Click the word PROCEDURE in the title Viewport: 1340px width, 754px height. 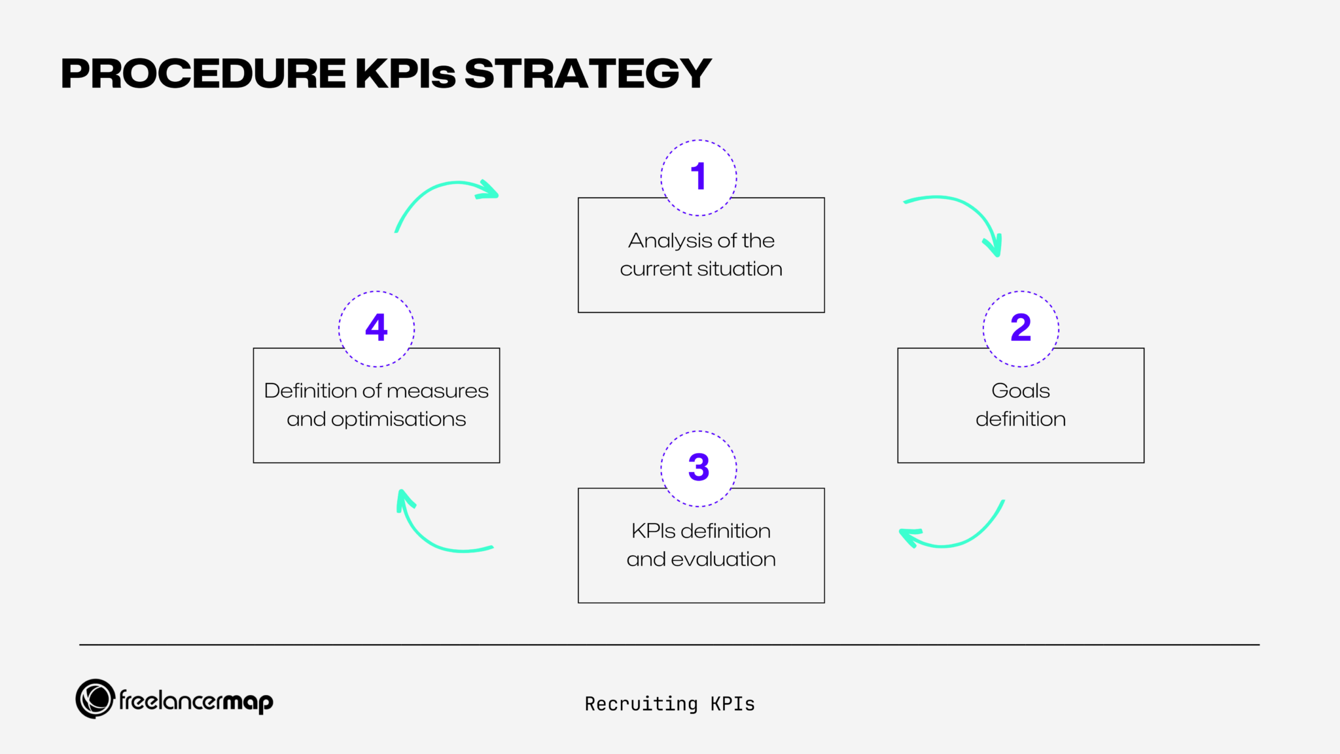pyautogui.click(x=203, y=73)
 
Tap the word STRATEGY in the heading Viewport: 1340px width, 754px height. pyautogui.click(x=587, y=73)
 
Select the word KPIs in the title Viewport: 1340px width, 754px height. pyautogui.click(x=405, y=73)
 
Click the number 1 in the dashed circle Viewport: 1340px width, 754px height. pyautogui.click(x=698, y=177)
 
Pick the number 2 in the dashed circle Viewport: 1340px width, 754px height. pyautogui.click(x=1020, y=328)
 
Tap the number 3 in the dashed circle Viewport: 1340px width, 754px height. pyautogui.click(x=698, y=468)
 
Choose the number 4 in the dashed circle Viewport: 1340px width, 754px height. pyautogui.click(x=376, y=328)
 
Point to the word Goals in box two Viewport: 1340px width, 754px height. pyautogui.click(x=1020, y=391)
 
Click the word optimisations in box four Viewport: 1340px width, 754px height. pyautogui.click(x=398, y=420)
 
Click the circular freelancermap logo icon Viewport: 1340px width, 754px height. pyautogui.click(x=96, y=698)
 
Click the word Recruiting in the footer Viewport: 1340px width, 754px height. pyautogui.click(x=641, y=704)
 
